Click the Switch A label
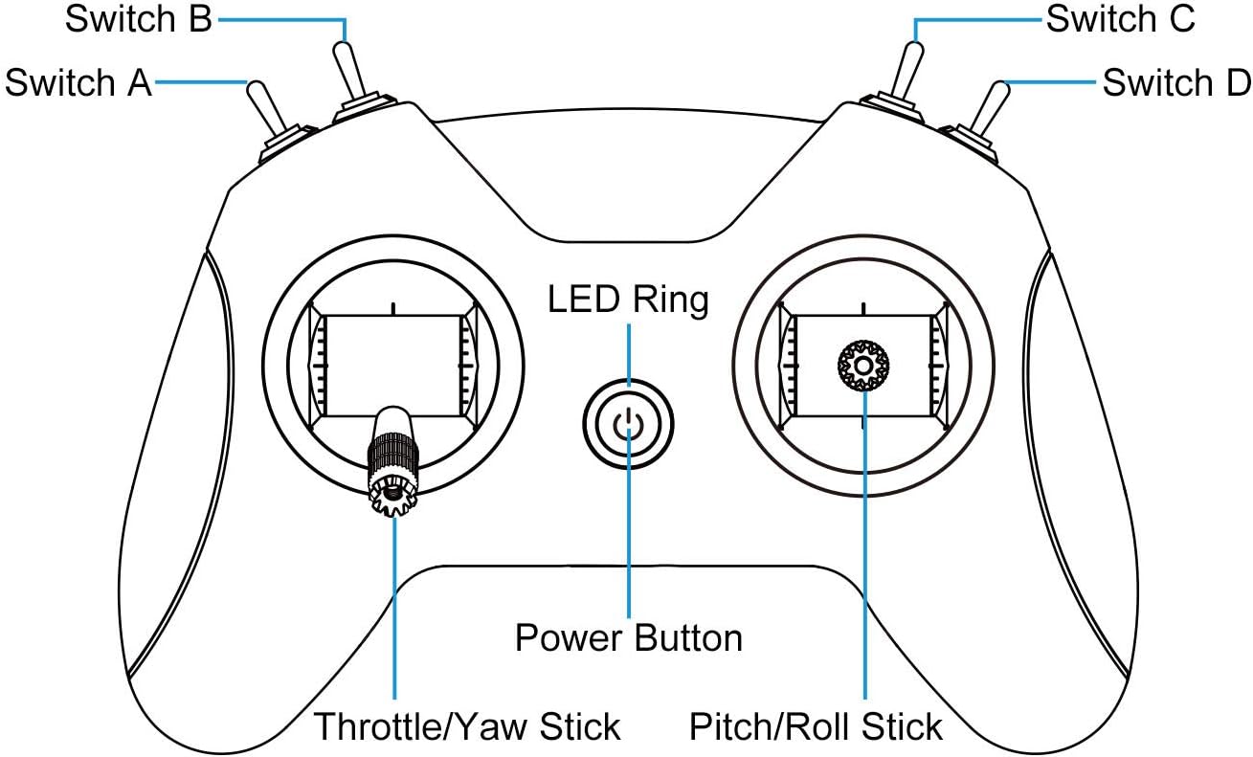click(x=78, y=83)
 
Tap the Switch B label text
click(x=138, y=20)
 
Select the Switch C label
click(x=1121, y=20)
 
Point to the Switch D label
click(x=1176, y=83)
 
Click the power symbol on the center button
click(x=628, y=422)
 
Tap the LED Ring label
click(x=628, y=301)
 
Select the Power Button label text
click(x=629, y=638)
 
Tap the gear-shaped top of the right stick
click(x=863, y=365)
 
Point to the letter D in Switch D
click(x=1236, y=83)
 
